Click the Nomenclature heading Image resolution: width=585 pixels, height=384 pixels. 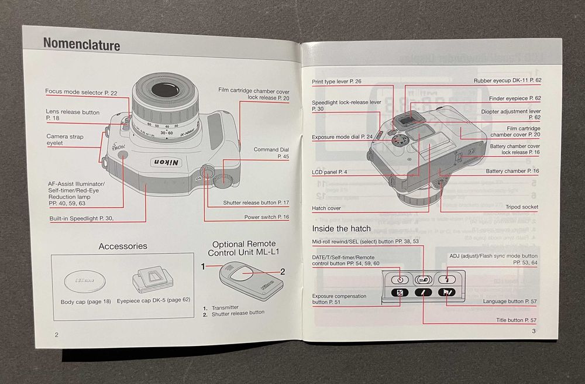click(x=81, y=45)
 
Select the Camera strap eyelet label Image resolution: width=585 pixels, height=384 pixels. click(x=65, y=140)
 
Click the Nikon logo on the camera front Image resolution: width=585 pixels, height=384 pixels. click(x=167, y=162)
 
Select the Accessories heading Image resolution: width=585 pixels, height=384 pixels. click(x=123, y=246)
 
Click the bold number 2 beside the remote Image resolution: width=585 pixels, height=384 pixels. click(x=282, y=271)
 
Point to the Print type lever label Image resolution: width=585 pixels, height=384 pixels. click(x=336, y=81)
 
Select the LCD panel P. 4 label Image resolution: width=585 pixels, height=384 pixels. click(x=331, y=172)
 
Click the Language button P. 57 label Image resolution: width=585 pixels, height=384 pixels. click(x=510, y=301)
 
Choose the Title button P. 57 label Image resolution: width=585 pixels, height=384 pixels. click(x=517, y=320)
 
